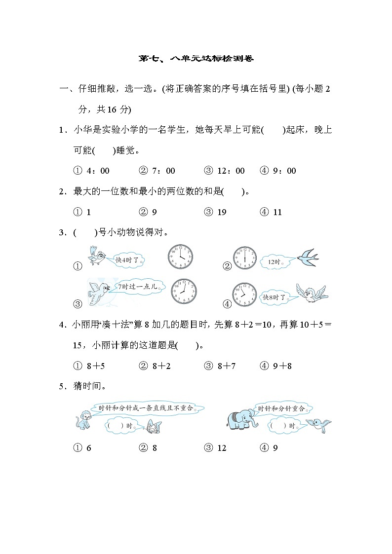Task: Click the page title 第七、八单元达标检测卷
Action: (196, 59)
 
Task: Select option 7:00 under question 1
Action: (157, 171)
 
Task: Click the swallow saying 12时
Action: (307, 257)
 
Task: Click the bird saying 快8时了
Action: (311, 293)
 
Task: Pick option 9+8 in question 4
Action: (276, 366)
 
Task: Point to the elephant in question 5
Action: (240, 419)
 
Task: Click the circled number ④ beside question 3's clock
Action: (227, 304)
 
